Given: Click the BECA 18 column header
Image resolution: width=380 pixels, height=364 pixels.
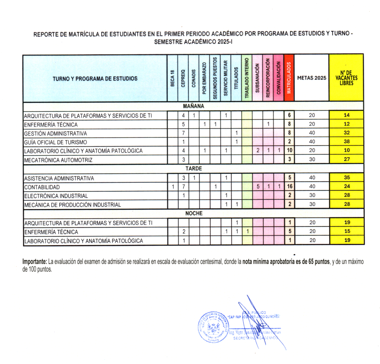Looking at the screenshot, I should pyautogui.click(x=173, y=78).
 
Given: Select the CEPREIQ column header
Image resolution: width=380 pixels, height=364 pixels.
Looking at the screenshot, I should pyautogui.click(x=183, y=78).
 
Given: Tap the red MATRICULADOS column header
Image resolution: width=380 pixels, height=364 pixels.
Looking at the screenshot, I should pyautogui.click(x=289, y=78).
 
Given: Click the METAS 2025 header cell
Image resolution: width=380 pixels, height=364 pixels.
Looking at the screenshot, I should pyautogui.click(x=312, y=78).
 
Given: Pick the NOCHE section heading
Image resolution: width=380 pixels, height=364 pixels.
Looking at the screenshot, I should pyautogui.click(x=194, y=214).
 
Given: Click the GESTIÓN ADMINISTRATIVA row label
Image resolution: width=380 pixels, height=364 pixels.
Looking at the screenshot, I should pyautogui.click(x=56, y=133).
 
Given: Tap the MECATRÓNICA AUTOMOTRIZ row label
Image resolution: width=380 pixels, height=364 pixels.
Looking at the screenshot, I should pyautogui.click(x=58, y=160).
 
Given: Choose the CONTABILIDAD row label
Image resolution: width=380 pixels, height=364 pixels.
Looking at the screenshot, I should pyautogui.click(x=42, y=187).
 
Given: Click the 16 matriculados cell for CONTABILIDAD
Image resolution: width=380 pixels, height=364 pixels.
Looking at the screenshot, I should pyautogui.click(x=289, y=187).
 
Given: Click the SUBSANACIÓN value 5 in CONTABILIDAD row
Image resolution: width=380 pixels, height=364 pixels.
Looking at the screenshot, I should pyautogui.click(x=258, y=187).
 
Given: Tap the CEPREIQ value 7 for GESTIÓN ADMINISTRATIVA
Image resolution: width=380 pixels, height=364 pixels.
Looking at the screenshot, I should pyautogui.click(x=183, y=133).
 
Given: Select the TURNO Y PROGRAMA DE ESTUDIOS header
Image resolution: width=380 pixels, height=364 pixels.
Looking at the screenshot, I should pyautogui.click(x=95, y=78).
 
